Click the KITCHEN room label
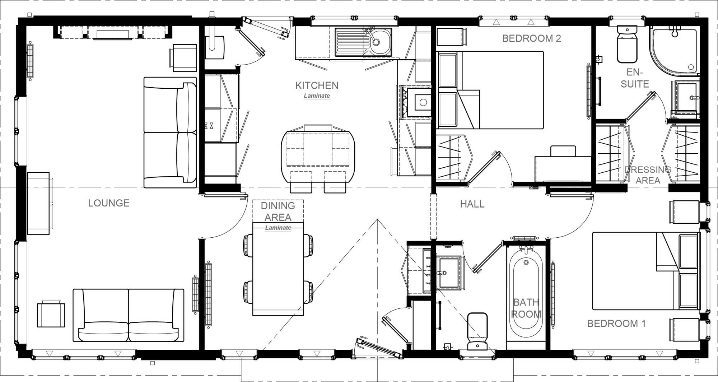[x=317, y=85]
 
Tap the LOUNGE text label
[x=109, y=203]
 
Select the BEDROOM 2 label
[x=531, y=38]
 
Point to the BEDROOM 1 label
[x=616, y=323]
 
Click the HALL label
[x=472, y=204]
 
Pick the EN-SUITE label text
[x=635, y=78]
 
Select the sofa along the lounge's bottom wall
[x=129, y=315]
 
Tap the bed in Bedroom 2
[x=503, y=90]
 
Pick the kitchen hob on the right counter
[x=416, y=103]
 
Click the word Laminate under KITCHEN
[x=317, y=96]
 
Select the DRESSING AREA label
[x=648, y=175]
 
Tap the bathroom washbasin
[x=448, y=273]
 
